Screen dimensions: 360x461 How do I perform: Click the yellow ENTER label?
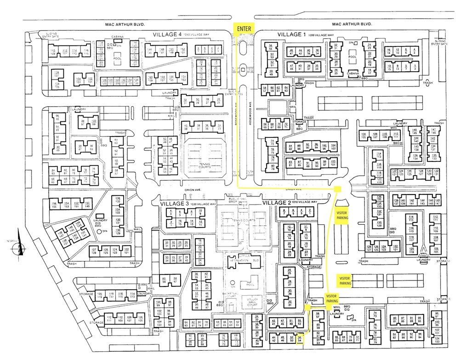(244, 29)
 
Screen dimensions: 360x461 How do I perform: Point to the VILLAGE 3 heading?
(174, 203)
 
